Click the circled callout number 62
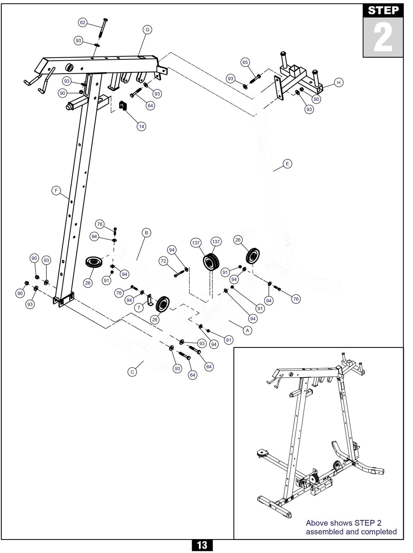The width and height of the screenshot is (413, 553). click(x=83, y=22)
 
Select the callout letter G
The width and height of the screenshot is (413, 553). click(x=147, y=29)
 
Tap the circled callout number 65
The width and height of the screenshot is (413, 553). click(x=245, y=62)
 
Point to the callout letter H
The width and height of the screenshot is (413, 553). click(x=338, y=83)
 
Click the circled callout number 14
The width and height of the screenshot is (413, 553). click(x=142, y=126)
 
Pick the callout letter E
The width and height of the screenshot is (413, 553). click(x=287, y=163)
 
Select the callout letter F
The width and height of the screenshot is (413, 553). click(x=56, y=191)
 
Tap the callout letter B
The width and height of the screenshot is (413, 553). click(x=146, y=232)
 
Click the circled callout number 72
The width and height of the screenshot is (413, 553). click(x=164, y=261)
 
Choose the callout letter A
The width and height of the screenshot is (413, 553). click(x=248, y=331)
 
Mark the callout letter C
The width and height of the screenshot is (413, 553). click(x=132, y=372)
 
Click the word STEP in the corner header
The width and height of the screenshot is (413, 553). click(x=383, y=11)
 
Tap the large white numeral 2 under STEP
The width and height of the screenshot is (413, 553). click(x=383, y=38)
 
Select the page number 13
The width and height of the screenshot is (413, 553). click(x=202, y=545)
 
